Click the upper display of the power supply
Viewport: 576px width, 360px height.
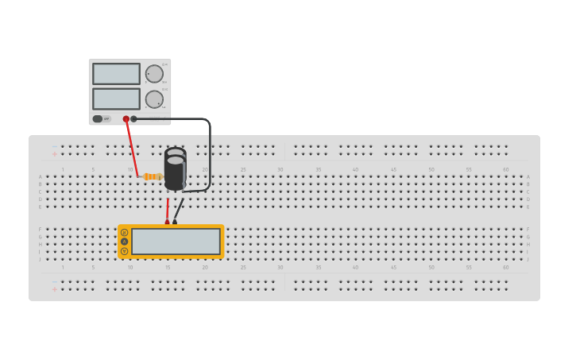click(116, 74)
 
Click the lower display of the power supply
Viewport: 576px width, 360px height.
click(116, 99)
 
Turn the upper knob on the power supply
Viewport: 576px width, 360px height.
click(154, 74)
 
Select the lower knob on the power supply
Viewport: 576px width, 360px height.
click(154, 99)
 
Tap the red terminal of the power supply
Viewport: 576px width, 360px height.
click(126, 119)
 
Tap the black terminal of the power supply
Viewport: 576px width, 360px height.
click(133, 119)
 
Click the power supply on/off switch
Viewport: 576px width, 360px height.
click(98, 119)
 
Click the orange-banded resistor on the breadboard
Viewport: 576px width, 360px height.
click(151, 176)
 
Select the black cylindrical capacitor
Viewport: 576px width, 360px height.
click(176, 168)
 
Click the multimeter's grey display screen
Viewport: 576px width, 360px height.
click(176, 242)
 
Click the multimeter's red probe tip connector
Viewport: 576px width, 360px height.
click(167, 223)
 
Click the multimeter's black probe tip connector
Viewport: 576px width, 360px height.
click(175, 223)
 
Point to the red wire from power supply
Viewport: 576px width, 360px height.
click(131, 148)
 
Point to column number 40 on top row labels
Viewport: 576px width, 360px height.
click(355, 169)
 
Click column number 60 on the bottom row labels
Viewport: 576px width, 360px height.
click(505, 267)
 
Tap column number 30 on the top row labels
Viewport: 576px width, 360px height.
click(280, 169)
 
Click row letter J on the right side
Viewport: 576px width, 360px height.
click(528, 259)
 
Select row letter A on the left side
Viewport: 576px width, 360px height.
click(41, 176)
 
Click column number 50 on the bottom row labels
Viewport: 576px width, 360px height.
click(431, 267)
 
